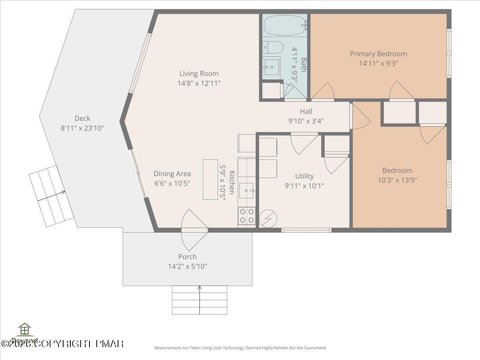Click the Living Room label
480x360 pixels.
[x=199, y=73]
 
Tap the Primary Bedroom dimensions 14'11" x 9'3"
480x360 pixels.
[x=378, y=63]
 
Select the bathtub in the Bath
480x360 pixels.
[x=284, y=25]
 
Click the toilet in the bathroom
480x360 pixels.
[x=273, y=47]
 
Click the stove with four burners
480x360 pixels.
[x=247, y=216]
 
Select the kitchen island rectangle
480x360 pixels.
[x=210, y=179]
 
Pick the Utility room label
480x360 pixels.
[x=304, y=176]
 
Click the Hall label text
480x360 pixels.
[x=306, y=111]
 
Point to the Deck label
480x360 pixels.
[x=82, y=118]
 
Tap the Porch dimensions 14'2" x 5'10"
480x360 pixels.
[x=188, y=266]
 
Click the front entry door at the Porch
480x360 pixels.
[x=194, y=230]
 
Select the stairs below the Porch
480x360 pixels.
[x=200, y=300]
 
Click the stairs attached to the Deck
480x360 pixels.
[x=51, y=196]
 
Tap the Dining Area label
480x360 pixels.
[x=172, y=174]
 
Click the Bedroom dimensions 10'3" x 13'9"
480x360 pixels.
[x=397, y=180]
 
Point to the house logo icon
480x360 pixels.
[x=25, y=329]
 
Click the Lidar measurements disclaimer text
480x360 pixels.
[x=240, y=348]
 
